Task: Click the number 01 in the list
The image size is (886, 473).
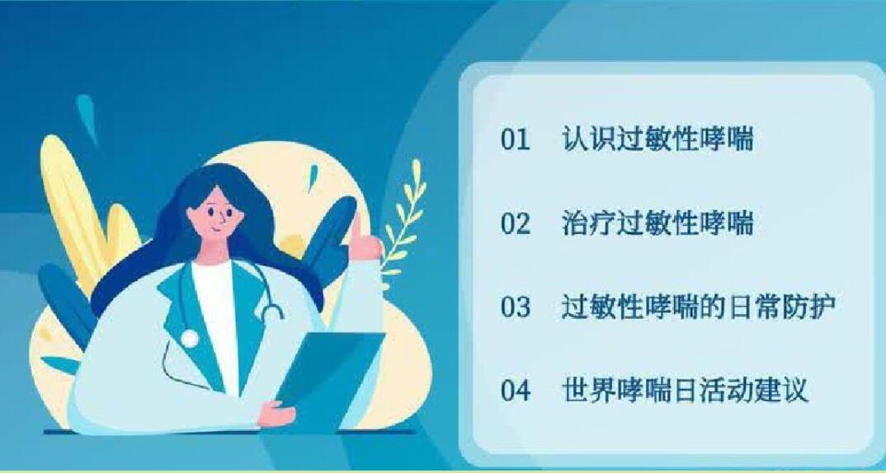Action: click(516, 139)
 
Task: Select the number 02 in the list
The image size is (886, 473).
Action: click(516, 223)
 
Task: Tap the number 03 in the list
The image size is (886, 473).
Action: click(516, 307)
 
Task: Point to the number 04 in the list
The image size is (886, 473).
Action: click(516, 391)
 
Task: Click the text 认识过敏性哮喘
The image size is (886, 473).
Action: click(657, 139)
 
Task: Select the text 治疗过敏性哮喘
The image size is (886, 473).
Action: click(657, 223)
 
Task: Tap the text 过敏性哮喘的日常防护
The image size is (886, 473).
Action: click(699, 307)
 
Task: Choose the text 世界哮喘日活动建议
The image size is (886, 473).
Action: click(685, 390)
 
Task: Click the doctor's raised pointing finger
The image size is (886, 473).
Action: click(356, 225)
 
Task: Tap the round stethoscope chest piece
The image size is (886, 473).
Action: click(190, 338)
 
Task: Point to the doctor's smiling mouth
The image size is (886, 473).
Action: click(214, 230)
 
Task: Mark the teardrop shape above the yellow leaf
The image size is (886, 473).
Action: click(87, 115)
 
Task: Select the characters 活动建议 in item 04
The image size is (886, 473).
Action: click(754, 390)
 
